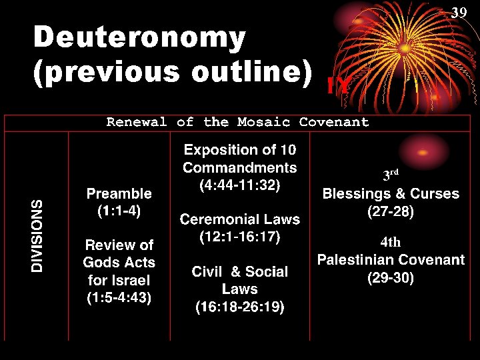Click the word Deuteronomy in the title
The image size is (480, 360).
tap(140, 38)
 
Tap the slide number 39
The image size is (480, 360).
tap(459, 13)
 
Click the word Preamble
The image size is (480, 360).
tap(119, 193)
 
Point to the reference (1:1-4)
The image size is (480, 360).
tap(119, 211)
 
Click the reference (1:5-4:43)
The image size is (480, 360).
tap(119, 298)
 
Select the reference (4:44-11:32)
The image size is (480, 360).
tap(240, 185)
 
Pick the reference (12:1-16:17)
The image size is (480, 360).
tap(240, 236)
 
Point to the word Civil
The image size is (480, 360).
tap(207, 272)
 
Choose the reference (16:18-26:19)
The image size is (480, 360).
tap(240, 307)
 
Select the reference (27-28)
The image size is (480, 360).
tap(391, 211)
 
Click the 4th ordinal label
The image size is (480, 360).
tap(391, 241)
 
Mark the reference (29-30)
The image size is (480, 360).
tap(391, 277)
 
